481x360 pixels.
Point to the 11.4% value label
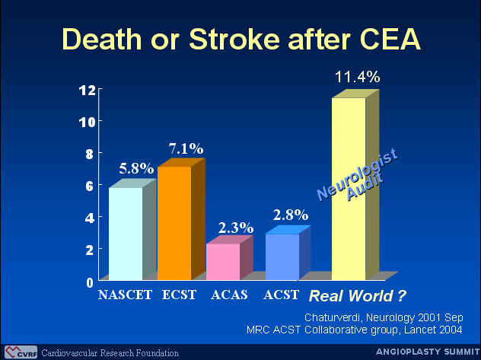pos(358,77)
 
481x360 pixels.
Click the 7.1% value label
pos(186,148)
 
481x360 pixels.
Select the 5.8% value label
pos(136,168)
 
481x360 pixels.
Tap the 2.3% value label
pos(236,228)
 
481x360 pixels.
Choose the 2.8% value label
pos(291,215)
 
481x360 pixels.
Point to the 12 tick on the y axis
pos(87,91)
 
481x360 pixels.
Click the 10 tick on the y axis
pos(87,123)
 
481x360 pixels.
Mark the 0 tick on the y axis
pos(90,282)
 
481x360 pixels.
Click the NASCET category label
pos(125,295)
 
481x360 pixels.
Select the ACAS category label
pos(229,295)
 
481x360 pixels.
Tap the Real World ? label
pos(357,296)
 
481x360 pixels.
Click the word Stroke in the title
pos(234,40)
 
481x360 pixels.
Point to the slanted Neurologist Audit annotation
pos(358,175)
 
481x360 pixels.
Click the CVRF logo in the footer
pos(21,352)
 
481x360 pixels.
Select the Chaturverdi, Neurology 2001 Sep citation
pos(384,317)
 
